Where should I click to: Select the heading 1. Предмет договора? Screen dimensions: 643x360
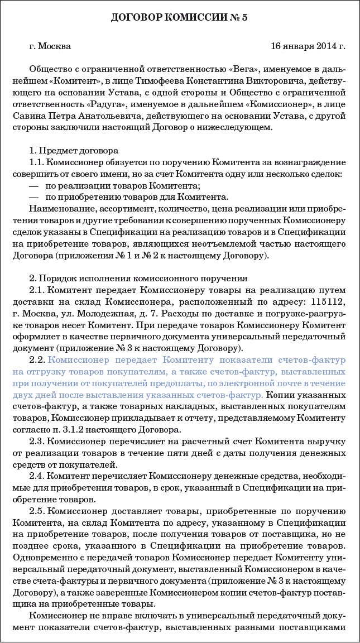click(x=73, y=151)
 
